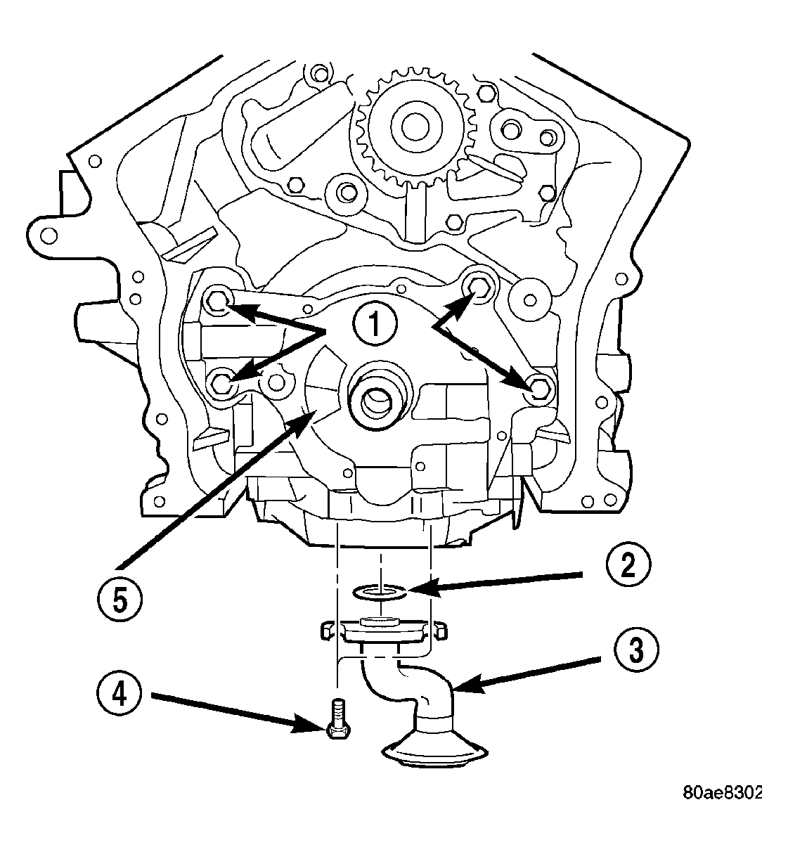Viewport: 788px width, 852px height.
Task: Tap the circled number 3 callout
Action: pyautogui.click(x=633, y=650)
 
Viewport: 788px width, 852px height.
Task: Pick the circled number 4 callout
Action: pyautogui.click(x=118, y=693)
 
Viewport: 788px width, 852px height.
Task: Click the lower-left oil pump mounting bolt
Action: pyautogui.click(x=223, y=383)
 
